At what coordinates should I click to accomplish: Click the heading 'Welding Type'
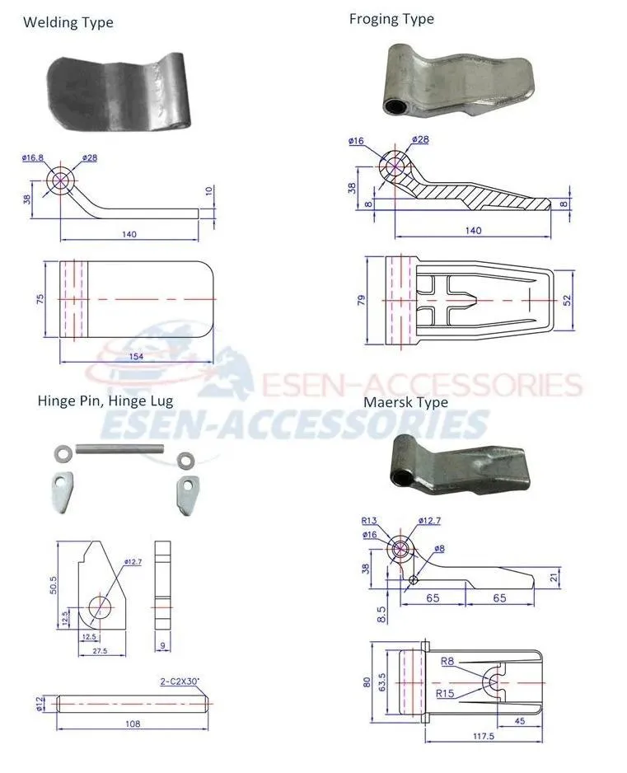[68, 22]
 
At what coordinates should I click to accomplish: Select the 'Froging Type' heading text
[391, 19]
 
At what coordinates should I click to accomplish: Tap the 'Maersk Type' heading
[405, 402]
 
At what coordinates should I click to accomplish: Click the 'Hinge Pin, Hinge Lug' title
[105, 401]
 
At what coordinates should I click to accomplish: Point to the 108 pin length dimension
[133, 724]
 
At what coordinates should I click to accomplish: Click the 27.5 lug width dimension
[101, 650]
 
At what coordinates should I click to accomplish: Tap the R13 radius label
[369, 521]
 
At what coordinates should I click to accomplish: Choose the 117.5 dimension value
[484, 737]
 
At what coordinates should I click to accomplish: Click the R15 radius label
[444, 693]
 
